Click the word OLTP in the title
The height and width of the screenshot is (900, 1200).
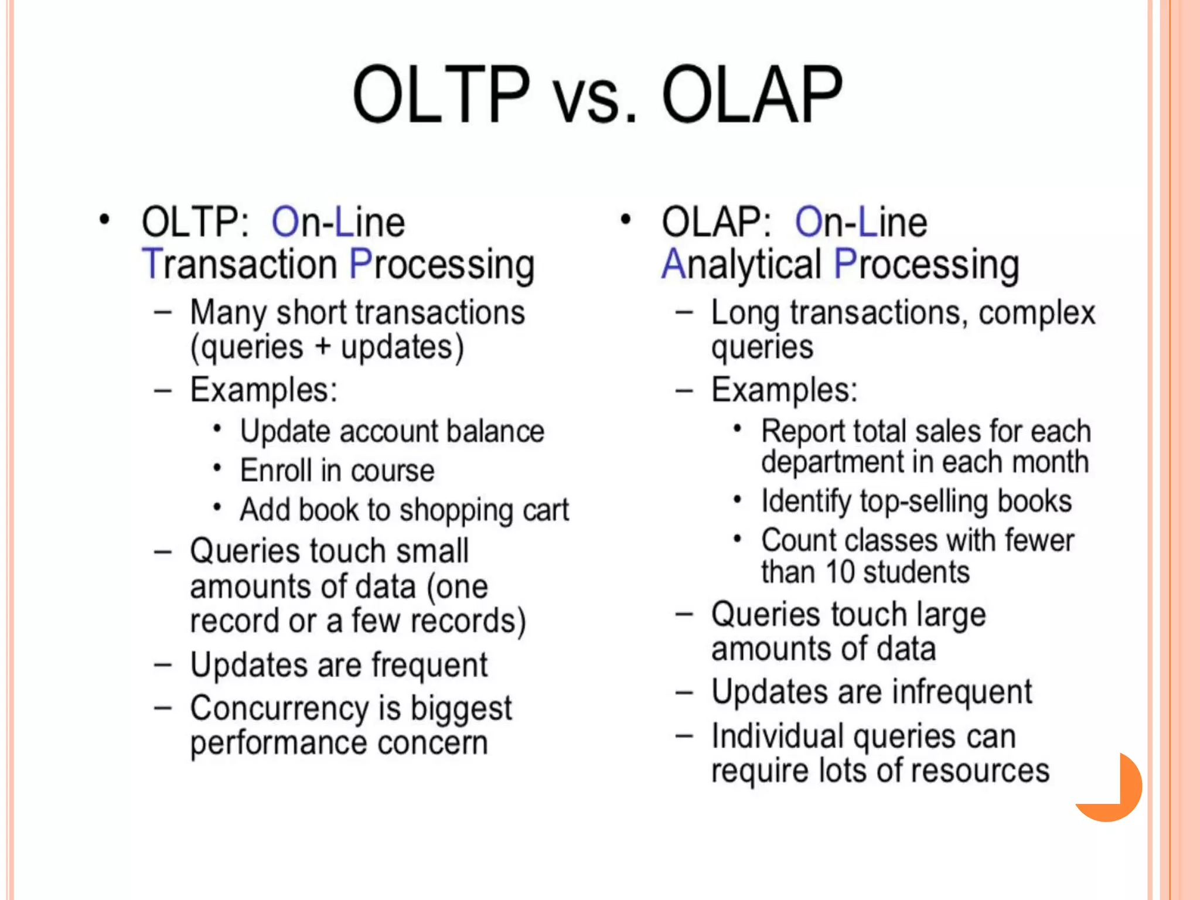(441, 96)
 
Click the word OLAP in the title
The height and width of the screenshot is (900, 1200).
(752, 96)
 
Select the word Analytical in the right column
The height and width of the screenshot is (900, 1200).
(741, 265)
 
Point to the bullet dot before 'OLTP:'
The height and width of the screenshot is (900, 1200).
(104, 220)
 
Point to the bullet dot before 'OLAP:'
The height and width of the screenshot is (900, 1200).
(625, 220)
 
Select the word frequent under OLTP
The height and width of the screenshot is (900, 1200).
(429, 666)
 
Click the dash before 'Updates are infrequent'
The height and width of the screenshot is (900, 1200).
(684, 692)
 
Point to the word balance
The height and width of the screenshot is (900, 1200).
(495, 431)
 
